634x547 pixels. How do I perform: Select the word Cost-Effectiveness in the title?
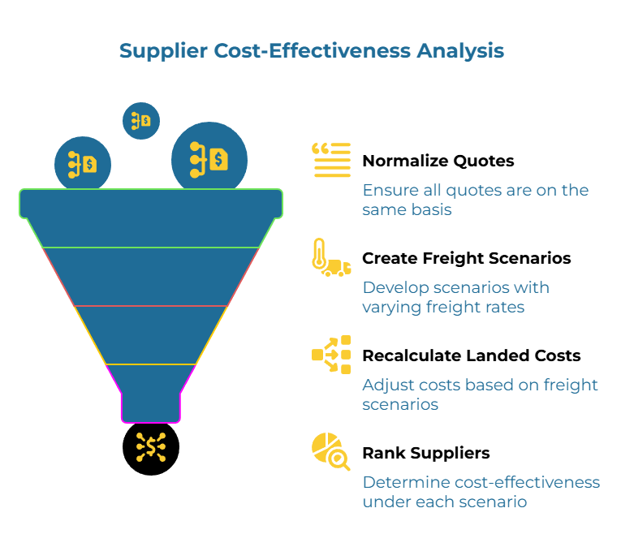313,50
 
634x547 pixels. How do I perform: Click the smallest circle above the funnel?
141,121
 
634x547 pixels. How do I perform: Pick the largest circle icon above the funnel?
209,157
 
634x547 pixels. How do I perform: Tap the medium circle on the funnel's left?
83,164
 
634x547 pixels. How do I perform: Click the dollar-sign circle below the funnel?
151,446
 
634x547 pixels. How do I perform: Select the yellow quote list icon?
331,160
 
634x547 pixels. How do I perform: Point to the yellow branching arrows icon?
331,355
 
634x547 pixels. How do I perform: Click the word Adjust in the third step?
386,385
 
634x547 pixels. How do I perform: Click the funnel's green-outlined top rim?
151,204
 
